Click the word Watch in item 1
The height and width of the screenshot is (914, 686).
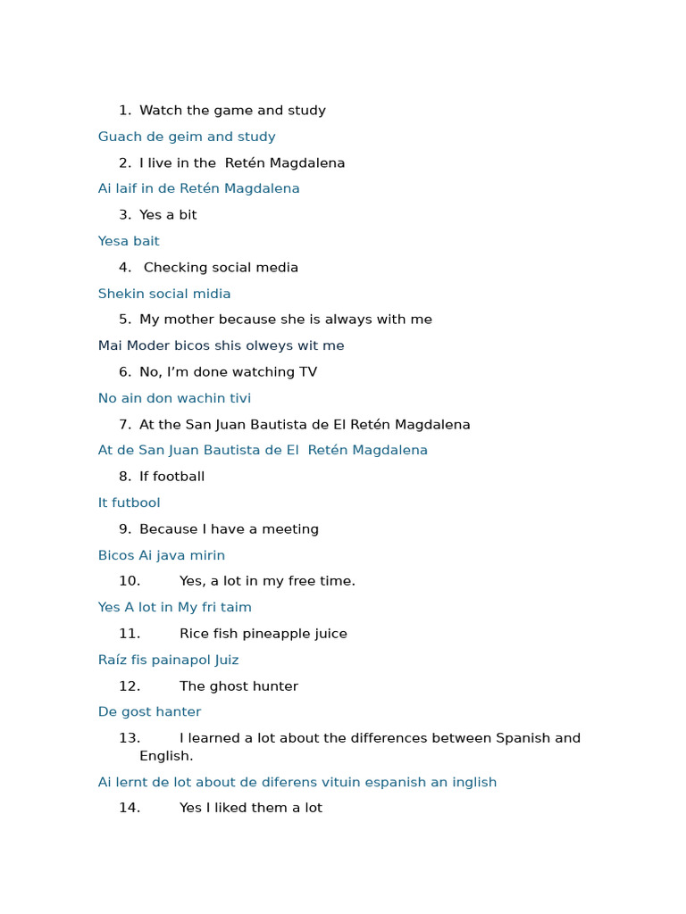pyautogui.click(x=159, y=111)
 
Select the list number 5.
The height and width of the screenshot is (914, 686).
pyautogui.click(x=124, y=320)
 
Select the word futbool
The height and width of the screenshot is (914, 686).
pyautogui.click(x=136, y=503)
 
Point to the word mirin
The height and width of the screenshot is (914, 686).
pyautogui.click(x=205, y=555)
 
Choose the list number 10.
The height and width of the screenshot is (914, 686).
pyautogui.click(x=130, y=581)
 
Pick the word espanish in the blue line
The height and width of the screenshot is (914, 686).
pyautogui.click(x=389, y=782)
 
